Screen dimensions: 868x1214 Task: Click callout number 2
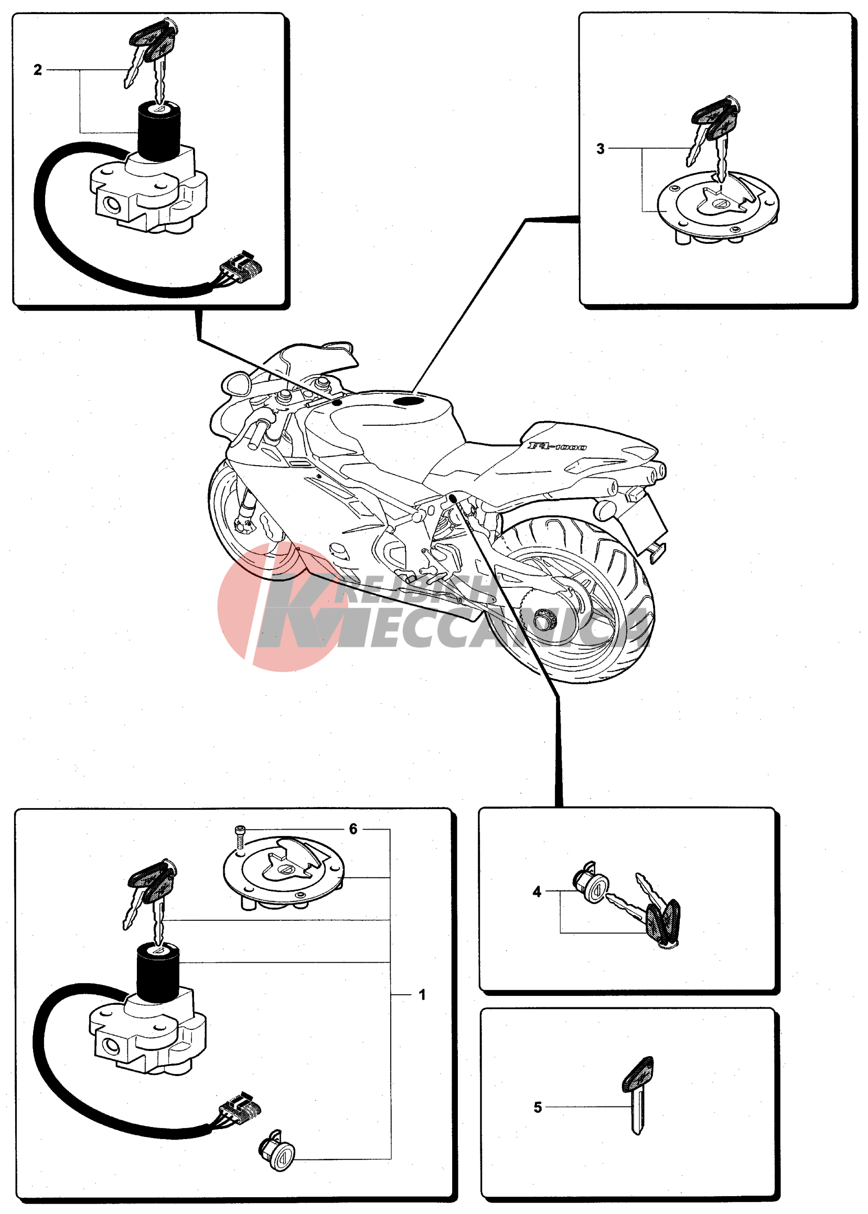point(37,70)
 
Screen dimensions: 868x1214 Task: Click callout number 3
point(600,148)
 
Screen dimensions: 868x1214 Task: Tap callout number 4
point(537,891)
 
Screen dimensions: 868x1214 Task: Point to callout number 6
point(353,829)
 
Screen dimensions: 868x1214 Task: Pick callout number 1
point(422,994)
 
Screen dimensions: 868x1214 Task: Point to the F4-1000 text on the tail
point(557,446)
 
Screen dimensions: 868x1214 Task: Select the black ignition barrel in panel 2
point(159,131)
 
